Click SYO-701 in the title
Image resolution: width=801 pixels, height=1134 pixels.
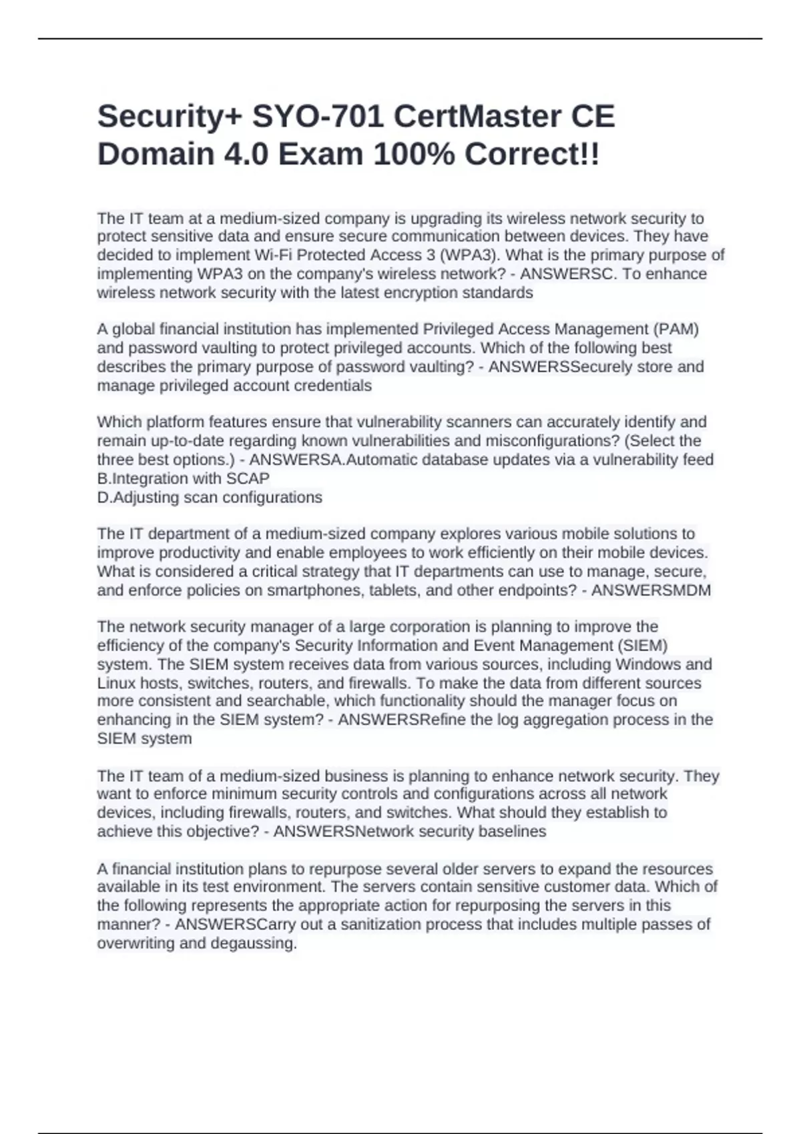[317, 117]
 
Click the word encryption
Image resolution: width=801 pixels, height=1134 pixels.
[414, 293]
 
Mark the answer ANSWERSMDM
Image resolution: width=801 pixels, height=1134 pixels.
[651, 590]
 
